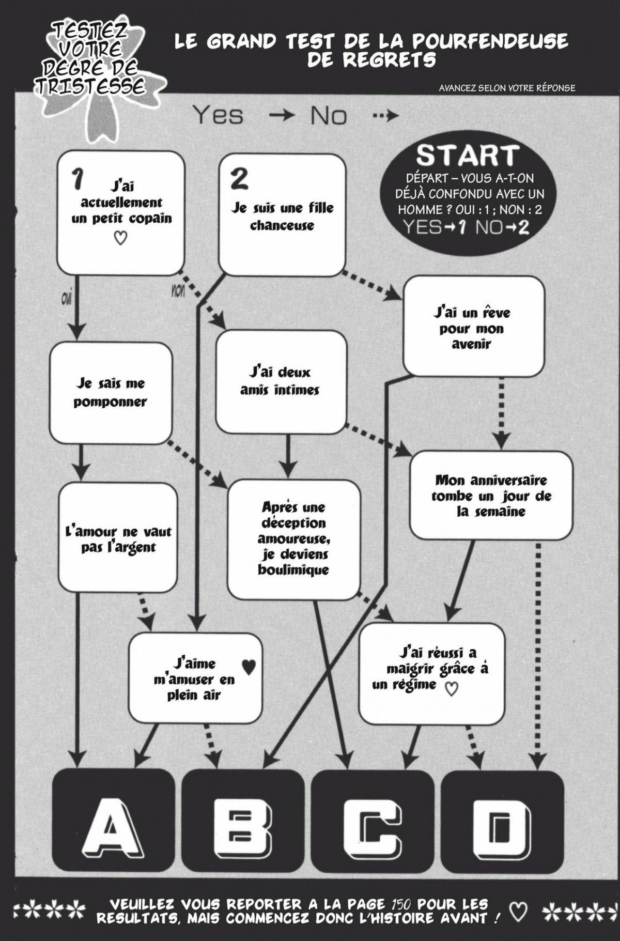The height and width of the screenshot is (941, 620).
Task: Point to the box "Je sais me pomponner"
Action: [x=110, y=393]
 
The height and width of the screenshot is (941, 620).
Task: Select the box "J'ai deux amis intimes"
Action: [x=281, y=381]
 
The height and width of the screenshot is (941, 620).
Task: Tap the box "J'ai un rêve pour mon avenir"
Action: [x=473, y=327]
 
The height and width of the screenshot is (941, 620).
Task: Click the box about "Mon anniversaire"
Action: [x=491, y=496]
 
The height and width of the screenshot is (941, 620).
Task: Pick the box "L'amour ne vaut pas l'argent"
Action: [x=118, y=539]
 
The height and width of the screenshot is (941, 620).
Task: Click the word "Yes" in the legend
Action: [x=218, y=115]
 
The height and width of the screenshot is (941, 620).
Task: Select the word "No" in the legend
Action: [x=329, y=116]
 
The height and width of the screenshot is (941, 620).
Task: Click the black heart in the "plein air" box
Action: [x=249, y=667]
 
